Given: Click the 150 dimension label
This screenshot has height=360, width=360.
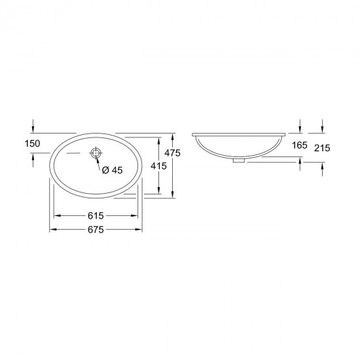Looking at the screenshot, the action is point(32,143).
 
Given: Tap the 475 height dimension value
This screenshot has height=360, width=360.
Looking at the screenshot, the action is point(172,153).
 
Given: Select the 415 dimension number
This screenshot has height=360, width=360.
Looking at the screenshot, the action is point(158,166).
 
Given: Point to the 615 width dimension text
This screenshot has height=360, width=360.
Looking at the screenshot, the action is point(96,216).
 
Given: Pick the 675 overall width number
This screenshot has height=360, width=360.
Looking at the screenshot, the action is point(96,230).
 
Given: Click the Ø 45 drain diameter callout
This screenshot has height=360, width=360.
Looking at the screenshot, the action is point(113,170).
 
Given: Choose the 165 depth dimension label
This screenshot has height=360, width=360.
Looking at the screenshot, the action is point(300,145).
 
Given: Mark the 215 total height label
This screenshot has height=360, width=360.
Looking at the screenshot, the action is point(322,148).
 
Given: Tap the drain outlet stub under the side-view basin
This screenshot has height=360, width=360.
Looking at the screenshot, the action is point(239,161).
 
